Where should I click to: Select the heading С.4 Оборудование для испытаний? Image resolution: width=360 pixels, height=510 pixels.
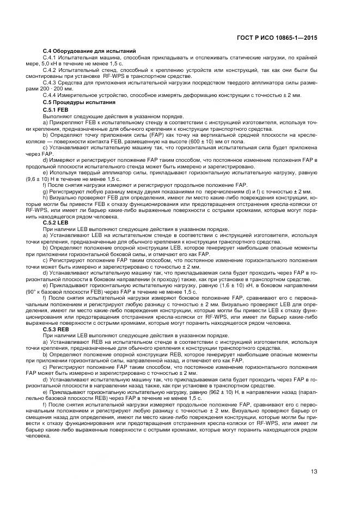tap(89, 51)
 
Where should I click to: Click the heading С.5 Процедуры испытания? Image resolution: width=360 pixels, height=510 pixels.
tap(79, 102)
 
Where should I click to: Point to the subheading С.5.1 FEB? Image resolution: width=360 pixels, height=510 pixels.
tap(55, 110)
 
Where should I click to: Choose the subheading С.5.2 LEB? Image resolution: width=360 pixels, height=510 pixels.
tap(54, 222)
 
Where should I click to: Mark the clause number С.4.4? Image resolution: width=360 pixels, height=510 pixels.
tap(50, 96)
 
